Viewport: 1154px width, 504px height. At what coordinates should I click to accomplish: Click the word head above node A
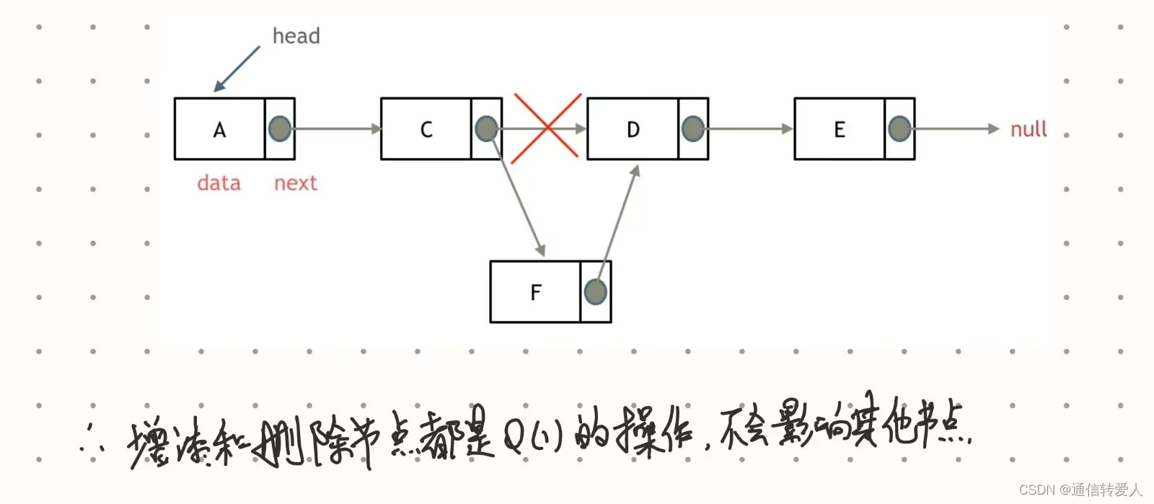pos(296,36)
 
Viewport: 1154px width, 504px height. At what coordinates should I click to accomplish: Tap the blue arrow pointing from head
pos(237,69)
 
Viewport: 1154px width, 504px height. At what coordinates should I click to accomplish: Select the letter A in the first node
pos(219,130)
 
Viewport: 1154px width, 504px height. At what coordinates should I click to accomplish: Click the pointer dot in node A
pos(280,129)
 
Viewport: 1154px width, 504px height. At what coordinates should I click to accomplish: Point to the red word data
pos(219,183)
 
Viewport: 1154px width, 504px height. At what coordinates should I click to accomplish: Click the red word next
pos(296,183)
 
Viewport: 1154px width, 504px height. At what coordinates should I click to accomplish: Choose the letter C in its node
pos(426,130)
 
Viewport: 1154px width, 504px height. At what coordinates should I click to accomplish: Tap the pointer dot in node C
pos(486,129)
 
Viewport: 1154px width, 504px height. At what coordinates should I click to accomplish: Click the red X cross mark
pos(546,128)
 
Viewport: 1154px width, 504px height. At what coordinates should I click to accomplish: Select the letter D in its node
pos(633,130)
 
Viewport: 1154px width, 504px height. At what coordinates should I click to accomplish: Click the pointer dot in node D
pos(692,129)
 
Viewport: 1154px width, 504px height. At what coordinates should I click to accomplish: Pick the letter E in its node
pos(840,130)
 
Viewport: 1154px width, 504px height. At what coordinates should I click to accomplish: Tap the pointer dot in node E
pos(899,129)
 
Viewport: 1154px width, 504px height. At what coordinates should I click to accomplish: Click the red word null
pos(1029,130)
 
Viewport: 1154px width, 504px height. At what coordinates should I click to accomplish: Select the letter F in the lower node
pos(535,292)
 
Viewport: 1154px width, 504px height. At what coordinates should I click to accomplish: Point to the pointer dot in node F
pos(595,292)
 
